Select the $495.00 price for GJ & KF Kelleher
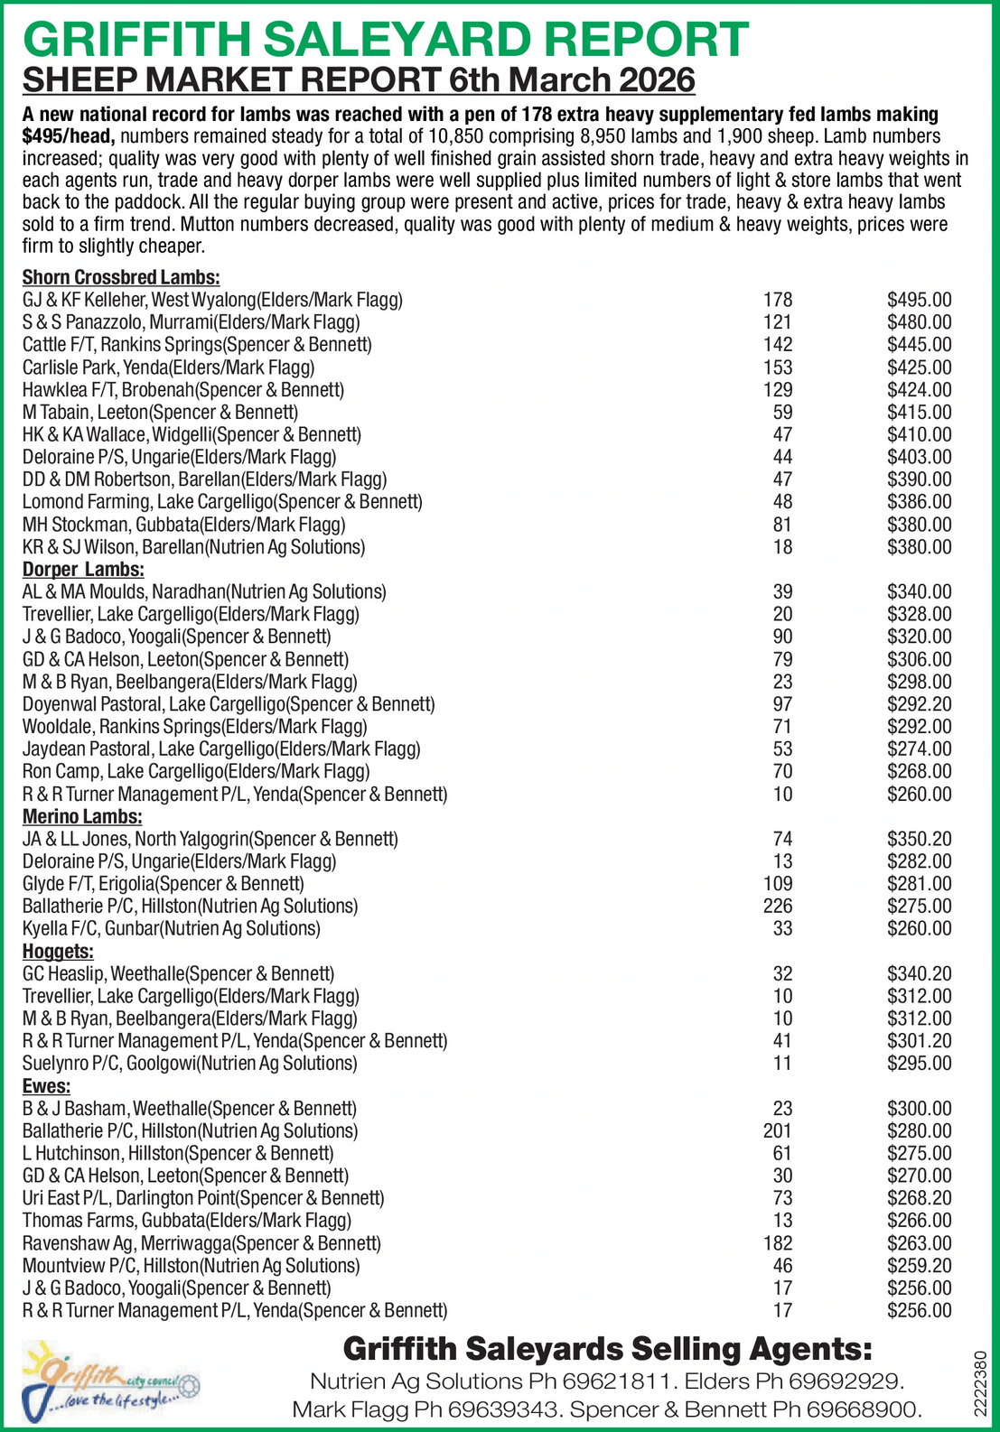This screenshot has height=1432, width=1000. [x=919, y=300]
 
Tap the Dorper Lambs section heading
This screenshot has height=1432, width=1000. [x=83, y=570]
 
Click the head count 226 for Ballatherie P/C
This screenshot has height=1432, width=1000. [x=778, y=907]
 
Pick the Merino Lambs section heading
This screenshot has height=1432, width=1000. [x=82, y=817]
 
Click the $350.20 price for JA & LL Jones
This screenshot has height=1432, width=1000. [x=919, y=839]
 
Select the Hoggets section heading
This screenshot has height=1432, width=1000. [x=58, y=952]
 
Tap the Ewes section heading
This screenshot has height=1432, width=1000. [x=46, y=1086]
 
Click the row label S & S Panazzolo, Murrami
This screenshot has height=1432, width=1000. [x=192, y=322]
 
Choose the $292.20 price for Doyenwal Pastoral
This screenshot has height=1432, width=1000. [x=919, y=704]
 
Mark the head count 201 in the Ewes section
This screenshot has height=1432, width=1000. [x=778, y=1131]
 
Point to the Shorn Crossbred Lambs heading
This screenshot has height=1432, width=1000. [x=121, y=278]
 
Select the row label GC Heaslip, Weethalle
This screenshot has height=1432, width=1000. [x=178, y=974]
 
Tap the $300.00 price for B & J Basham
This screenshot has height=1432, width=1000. [x=919, y=1109]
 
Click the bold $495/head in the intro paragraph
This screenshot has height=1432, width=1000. [x=69, y=136]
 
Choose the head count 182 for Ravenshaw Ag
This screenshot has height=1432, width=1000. [x=778, y=1243]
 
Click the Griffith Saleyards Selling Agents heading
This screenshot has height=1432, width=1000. [x=607, y=1350]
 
